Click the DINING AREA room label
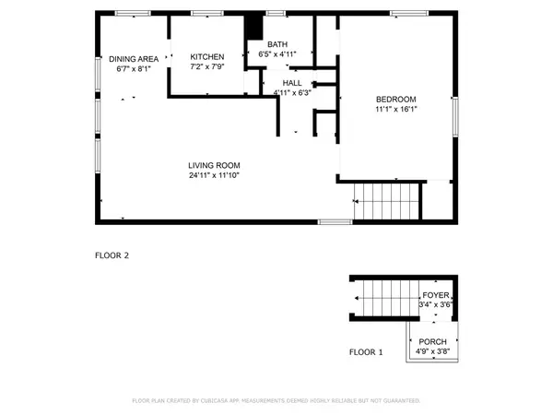(134, 58)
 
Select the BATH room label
(277, 44)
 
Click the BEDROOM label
(396, 100)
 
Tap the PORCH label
(432, 341)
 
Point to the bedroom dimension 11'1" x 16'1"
(396, 111)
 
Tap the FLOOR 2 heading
(112, 255)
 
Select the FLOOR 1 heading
(365, 352)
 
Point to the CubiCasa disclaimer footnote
(276, 401)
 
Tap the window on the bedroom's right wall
(454, 115)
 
